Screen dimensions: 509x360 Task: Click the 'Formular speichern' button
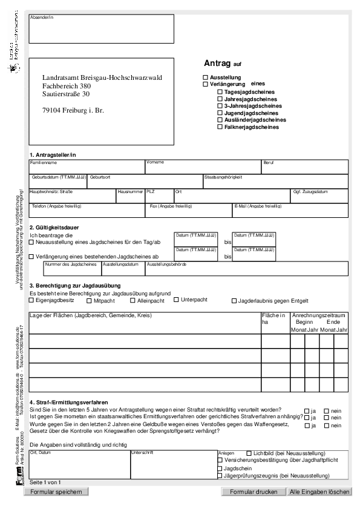(59, 492)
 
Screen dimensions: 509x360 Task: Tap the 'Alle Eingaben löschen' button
(319, 492)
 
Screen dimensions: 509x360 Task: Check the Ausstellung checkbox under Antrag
(206, 77)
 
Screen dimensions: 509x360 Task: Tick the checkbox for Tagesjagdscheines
(220, 91)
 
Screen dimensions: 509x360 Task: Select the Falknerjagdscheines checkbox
(220, 127)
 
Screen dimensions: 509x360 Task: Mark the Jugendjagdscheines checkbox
(220, 113)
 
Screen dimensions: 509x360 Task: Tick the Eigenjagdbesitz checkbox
(32, 300)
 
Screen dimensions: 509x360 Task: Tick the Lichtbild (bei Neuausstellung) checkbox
(249, 453)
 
